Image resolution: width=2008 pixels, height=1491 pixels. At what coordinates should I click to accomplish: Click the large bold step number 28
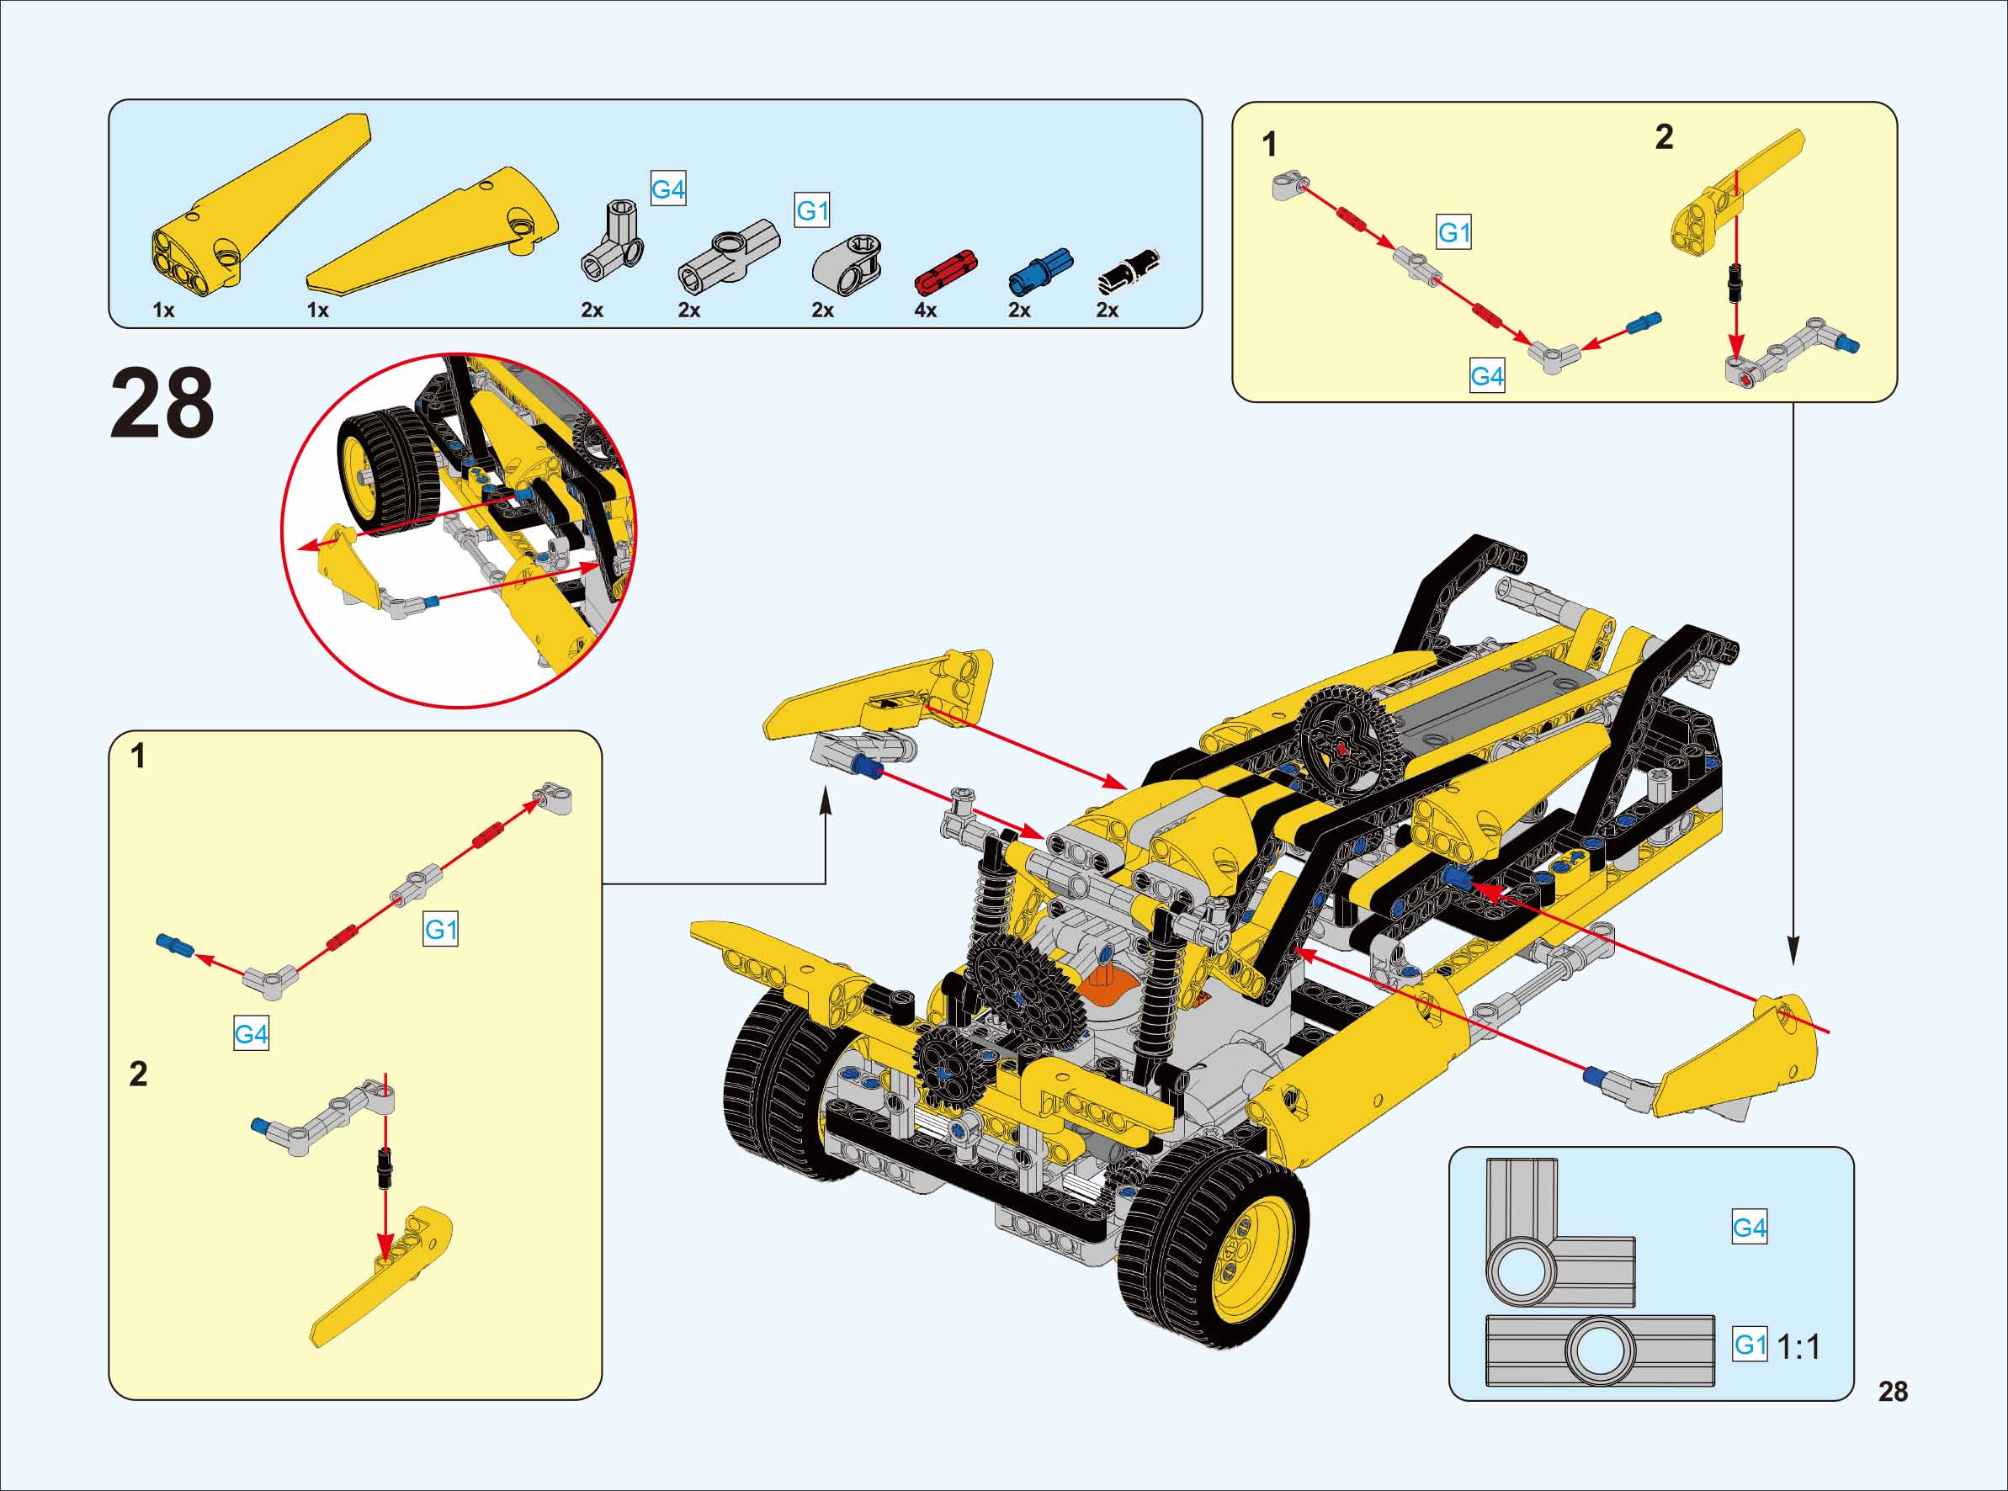coord(162,402)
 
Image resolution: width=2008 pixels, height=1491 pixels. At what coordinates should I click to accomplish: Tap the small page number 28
coord(1893,1392)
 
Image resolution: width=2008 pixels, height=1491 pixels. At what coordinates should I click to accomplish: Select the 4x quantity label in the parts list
coord(925,310)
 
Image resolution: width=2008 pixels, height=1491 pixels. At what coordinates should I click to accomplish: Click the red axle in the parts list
coord(946,271)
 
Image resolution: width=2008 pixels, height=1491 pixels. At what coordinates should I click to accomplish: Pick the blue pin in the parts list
coord(1039,271)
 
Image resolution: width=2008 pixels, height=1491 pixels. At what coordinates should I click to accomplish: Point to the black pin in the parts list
coord(1127,270)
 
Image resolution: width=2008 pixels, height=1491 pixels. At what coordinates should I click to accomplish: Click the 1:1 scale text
coord(1798,1346)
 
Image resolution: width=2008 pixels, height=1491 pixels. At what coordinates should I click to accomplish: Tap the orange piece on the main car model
coord(1107,984)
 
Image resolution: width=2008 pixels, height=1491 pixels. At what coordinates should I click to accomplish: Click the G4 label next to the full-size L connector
coord(1749,1228)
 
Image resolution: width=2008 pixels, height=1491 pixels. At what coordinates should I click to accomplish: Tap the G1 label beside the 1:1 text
coord(1750,1345)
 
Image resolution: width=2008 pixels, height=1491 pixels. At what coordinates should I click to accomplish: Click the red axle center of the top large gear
coord(1343,746)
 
